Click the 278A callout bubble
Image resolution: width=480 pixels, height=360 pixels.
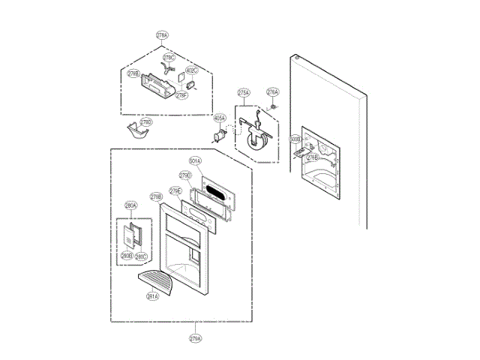click(x=163, y=35)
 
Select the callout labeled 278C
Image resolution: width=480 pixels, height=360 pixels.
click(x=169, y=58)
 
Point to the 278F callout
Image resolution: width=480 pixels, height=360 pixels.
click(x=181, y=95)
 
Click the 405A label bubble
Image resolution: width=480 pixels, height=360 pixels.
click(x=220, y=118)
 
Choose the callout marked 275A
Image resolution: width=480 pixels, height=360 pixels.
click(x=243, y=93)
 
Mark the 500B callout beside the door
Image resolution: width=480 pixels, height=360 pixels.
click(x=295, y=139)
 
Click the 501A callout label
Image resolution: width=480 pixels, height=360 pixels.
click(x=194, y=161)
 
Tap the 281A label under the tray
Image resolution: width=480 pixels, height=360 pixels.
click(x=151, y=295)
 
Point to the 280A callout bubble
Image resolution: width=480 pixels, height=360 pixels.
click(x=130, y=205)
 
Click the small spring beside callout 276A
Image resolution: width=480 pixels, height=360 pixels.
click(x=274, y=106)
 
